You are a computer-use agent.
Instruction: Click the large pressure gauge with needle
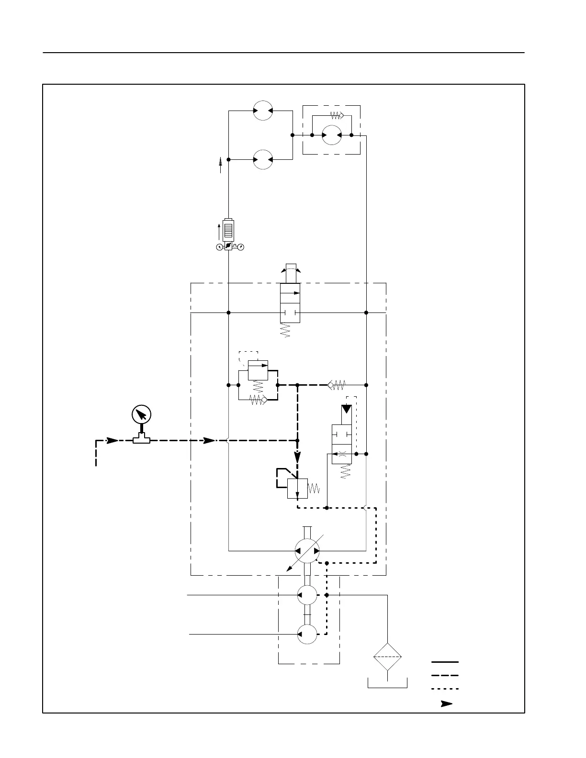pyautogui.click(x=141, y=414)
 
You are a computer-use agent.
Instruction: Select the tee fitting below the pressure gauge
pyautogui.click(x=141, y=438)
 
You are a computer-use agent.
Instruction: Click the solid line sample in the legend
pyautogui.click(x=445, y=662)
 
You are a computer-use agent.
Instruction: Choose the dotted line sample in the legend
pyautogui.click(x=445, y=689)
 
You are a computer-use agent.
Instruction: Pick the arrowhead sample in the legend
pyautogui.click(x=446, y=704)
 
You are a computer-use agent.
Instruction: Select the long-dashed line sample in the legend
pyautogui.click(x=445, y=676)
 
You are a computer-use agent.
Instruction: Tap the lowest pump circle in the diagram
pyautogui.click(x=307, y=634)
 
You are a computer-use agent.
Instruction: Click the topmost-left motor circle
pyautogui.click(x=263, y=111)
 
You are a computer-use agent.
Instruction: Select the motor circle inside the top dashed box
pyautogui.click(x=331, y=135)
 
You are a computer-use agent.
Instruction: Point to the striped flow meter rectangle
pyautogui.click(x=228, y=230)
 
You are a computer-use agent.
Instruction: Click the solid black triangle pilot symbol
pyautogui.click(x=346, y=410)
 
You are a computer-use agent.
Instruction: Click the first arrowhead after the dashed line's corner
pyautogui.click(x=112, y=440)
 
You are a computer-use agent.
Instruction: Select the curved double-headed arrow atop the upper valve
pyautogui.click(x=291, y=271)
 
